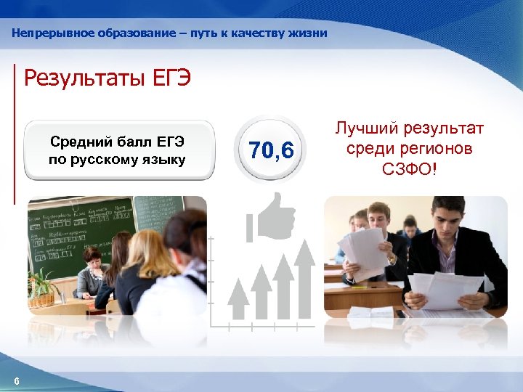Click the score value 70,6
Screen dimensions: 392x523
point(271,151)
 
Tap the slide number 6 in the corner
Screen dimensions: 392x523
point(17,383)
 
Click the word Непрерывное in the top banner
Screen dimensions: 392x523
point(48,33)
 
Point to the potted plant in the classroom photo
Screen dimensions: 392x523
point(44,287)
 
